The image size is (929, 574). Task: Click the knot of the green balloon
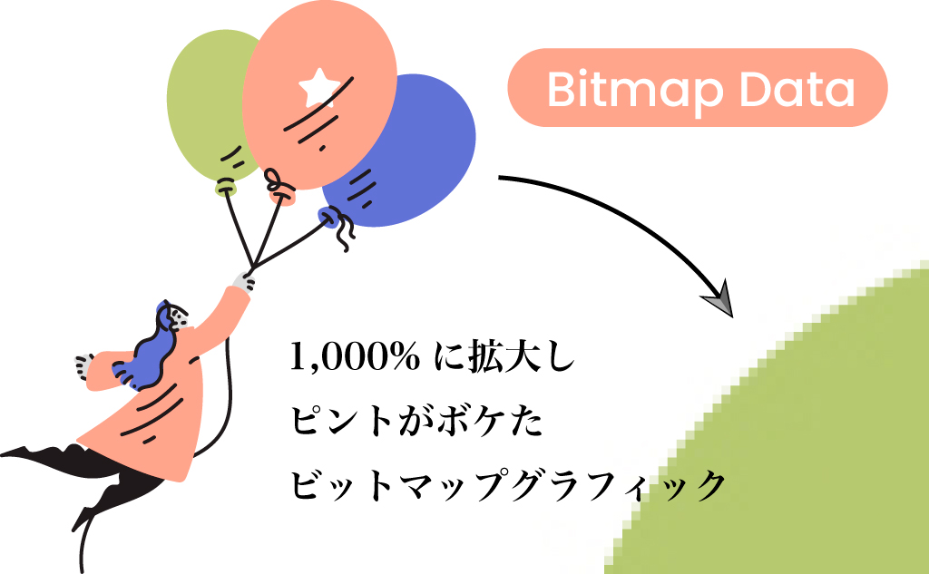[225, 188]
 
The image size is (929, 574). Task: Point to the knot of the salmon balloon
[281, 190]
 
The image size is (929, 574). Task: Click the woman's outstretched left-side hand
[83, 365]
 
